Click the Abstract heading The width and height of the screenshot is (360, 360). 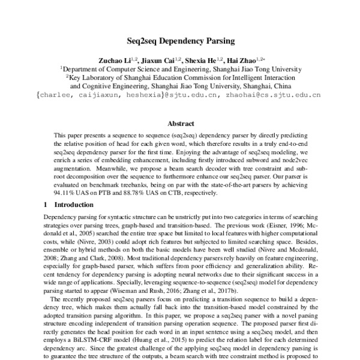pos(180,124)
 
